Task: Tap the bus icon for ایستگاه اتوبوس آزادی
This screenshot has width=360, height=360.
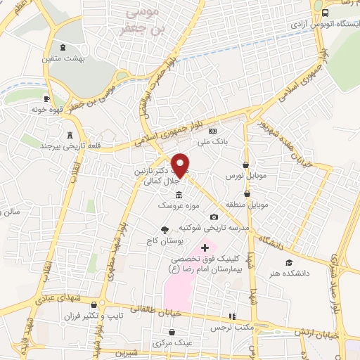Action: [x=325, y=13]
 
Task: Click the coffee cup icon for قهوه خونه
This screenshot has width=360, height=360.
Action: [x=46, y=99]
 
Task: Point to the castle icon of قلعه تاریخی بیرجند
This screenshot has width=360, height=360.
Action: [x=69, y=135]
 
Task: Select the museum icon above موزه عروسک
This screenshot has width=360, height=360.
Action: [x=179, y=194]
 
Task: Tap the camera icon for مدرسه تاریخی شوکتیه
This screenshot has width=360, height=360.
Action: [x=214, y=217]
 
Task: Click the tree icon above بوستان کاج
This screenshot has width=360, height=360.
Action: [x=165, y=230]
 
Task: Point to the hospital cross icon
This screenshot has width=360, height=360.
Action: [x=205, y=247]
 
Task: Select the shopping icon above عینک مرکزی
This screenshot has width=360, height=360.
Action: [x=172, y=332]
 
